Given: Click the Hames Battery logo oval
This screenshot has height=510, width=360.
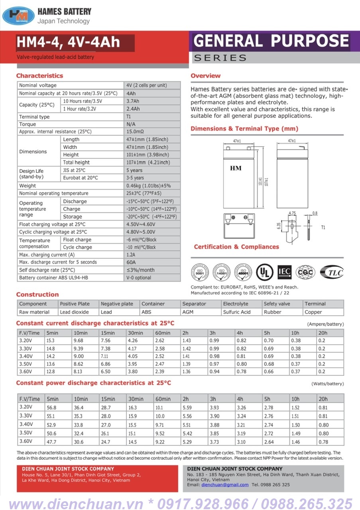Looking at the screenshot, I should pyautogui.click(x=18, y=16).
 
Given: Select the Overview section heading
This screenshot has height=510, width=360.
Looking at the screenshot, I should pyautogui.click(x=205, y=76).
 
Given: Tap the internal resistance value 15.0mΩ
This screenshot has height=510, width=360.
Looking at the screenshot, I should pyautogui.click(x=135, y=131).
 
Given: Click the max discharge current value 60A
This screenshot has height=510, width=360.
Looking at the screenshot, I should pyautogui.click(x=131, y=262).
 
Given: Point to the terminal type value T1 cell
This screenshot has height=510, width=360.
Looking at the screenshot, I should pyautogui.click(x=129, y=117).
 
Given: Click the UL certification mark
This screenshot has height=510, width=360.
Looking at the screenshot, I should pyautogui.click(x=265, y=272).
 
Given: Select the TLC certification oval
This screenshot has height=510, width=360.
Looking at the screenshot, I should pyautogui.click(x=332, y=272).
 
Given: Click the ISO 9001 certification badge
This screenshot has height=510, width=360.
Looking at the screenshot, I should pyautogui.click(x=200, y=273).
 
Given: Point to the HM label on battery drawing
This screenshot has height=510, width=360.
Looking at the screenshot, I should pyautogui.click(x=236, y=168).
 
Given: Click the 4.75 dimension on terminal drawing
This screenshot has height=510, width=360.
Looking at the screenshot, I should pyautogui.click(x=292, y=214).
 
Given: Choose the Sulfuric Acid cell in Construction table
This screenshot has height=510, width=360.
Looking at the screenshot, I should pyautogui.click(x=237, y=312).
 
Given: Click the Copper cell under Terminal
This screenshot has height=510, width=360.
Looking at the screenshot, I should pyautogui.click(x=313, y=312).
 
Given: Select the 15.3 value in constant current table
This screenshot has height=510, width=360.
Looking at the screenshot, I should pyautogui.click(x=51, y=341).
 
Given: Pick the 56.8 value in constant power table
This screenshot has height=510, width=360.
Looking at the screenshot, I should pyautogui.click(x=51, y=408).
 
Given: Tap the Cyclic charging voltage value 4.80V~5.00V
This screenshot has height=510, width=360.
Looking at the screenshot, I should pyautogui.click(x=141, y=232).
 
